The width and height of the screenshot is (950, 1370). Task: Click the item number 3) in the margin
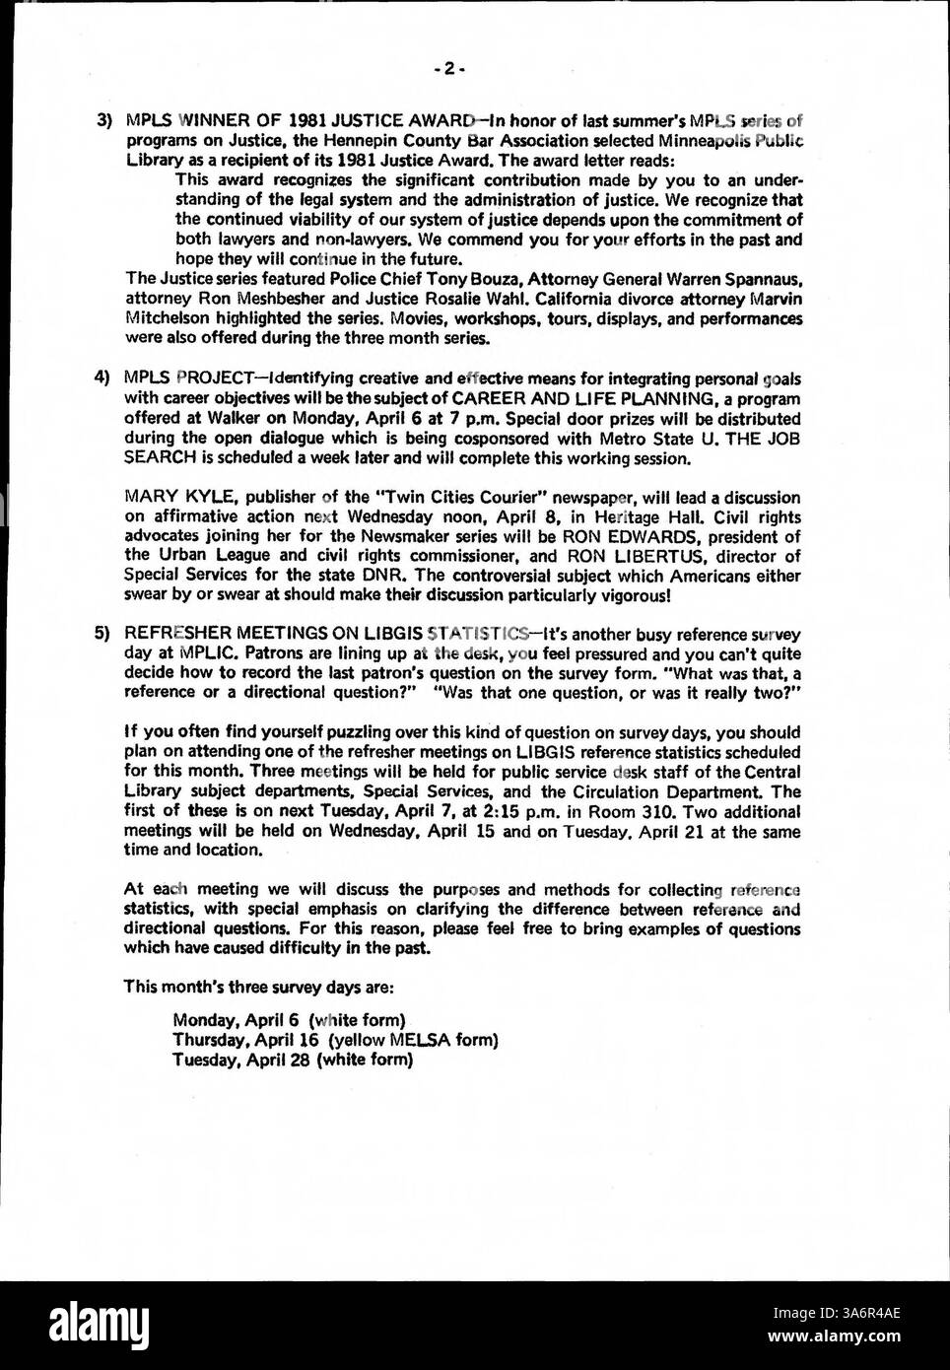click(103, 122)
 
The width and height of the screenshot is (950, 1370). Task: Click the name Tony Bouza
click(452, 278)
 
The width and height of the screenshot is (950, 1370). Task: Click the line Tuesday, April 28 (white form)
click(291, 1061)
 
